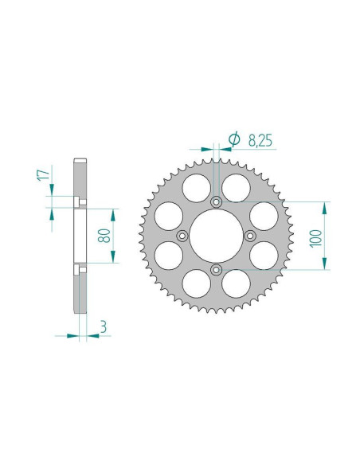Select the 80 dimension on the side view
click(x=103, y=236)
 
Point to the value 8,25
click(x=260, y=140)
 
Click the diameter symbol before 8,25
click(x=233, y=140)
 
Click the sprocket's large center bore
click(x=215, y=235)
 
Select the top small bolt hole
click(x=215, y=200)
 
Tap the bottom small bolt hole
click(x=215, y=271)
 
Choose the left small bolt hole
click(x=180, y=235)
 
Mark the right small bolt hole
click(x=250, y=235)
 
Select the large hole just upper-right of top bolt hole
click(x=235, y=188)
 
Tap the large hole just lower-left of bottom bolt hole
click(x=194, y=282)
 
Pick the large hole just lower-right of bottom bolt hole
click(x=235, y=282)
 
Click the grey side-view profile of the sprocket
click(x=80, y=239)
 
